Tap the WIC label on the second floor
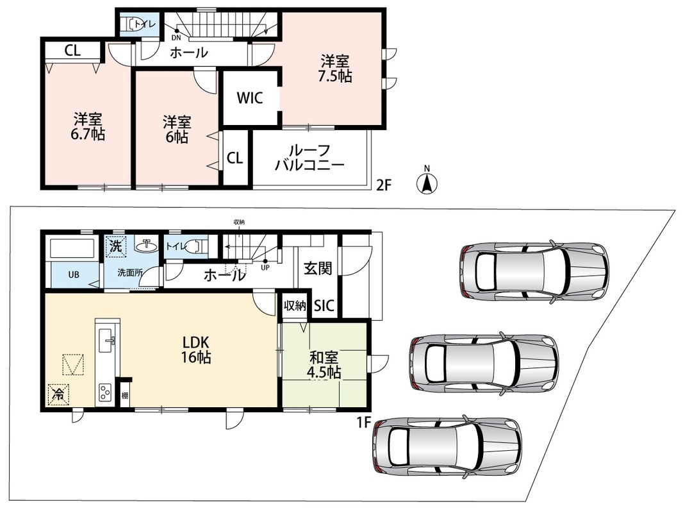pos(250,97)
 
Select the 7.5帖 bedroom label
pos(335,69)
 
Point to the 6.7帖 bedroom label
pos(88,126)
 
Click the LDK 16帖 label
pos(196,349)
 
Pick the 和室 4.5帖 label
pos(324,366)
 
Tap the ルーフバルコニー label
pos(309,158)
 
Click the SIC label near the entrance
pos(324,305)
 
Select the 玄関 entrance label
pos(318,269)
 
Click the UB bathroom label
pos(74,275)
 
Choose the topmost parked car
pos(534,271)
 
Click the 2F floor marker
pos(384,186)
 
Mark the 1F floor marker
pos(364,422)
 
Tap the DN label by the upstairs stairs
pos(176,37)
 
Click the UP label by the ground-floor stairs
pos(265,267)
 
